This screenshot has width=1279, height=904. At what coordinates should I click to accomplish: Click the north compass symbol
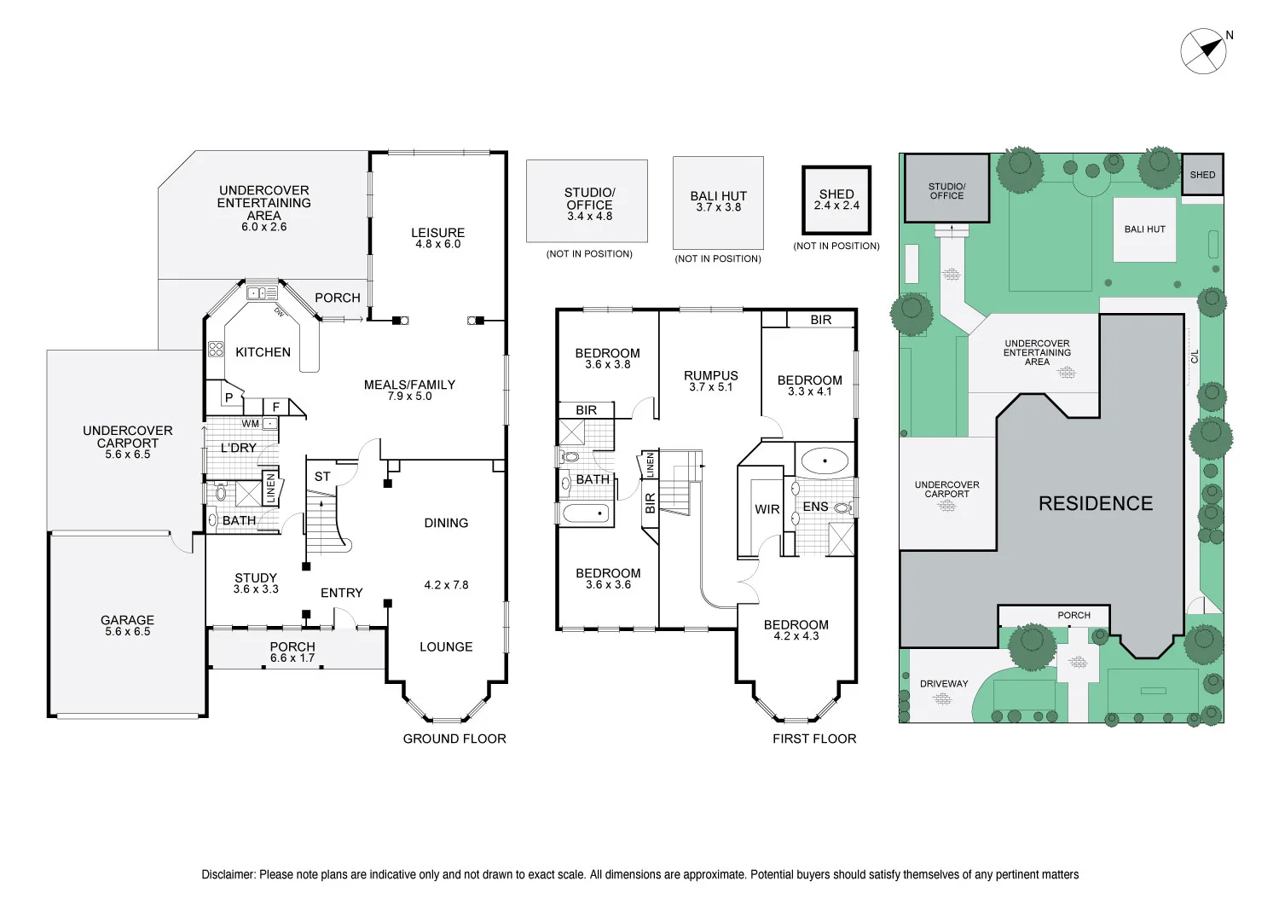pyautogui.click(x=1203, y=50)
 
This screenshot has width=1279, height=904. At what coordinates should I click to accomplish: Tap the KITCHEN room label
pyautogui.click(x=263, y=352)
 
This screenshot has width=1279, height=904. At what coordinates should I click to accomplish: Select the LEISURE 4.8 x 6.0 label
pyautogui.click(x=437, y=238)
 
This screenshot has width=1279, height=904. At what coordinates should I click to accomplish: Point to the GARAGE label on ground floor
pyautogui.click(x=127, y=625)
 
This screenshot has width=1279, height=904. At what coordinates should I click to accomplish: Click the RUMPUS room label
pyautogui.click(x=710, y=380)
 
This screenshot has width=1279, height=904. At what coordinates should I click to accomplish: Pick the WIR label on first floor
pyautogui.click(x=767, y=509)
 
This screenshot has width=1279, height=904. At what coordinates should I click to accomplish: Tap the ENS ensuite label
pyautogui.click(x=815, y=507)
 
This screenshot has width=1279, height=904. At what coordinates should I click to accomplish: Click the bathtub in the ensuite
pyautogui.click(x=825, y=462)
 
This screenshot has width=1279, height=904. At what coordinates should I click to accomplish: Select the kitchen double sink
pyautogui.click(x=262, y=293)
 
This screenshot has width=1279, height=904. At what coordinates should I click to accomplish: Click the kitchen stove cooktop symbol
pyautogui.click(x=216, y=349)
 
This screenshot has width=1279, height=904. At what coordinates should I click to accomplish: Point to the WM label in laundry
pyautogui.click(x=250, y=424)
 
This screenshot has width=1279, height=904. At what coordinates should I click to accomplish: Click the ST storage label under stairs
pyautogui.click(x=322, y=477)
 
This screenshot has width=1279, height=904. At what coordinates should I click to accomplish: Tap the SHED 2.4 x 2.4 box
pyautogui.click(x=836, y=200)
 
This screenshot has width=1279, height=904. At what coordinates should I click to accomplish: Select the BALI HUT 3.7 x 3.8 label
pyautogui.click(x=718, y=201)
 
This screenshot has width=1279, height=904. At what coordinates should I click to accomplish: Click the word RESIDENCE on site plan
pyautogui.click(x=1095, y=504)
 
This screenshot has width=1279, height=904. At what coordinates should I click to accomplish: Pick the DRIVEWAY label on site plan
pyautogui.click(x=944, y=684)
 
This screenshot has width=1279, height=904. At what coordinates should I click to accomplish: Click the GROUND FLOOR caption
pyautogui.click(x=454, y=739)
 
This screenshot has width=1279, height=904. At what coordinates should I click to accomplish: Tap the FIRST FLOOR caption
pyautogui.click(x=814, y=739)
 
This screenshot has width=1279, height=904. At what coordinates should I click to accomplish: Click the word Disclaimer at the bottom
pyautogui.click(x=228, y=874)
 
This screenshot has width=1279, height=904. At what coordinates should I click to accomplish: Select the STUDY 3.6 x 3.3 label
pyautogui.click(x=256, y=583)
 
